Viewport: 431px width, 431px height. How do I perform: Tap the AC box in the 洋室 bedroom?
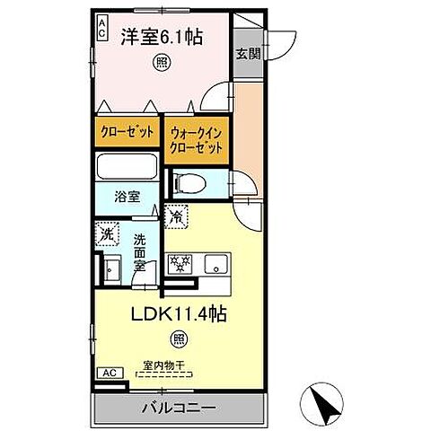point(101,27)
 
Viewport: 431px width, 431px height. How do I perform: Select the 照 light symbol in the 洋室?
point(161,63)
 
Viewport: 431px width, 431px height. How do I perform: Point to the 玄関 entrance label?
point(248,53)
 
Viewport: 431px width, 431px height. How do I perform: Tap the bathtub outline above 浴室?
point(128,167)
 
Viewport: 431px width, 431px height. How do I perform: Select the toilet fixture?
point(190,184)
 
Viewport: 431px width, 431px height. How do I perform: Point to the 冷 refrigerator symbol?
point(177,215)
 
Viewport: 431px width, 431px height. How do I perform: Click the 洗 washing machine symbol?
point(108,233)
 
